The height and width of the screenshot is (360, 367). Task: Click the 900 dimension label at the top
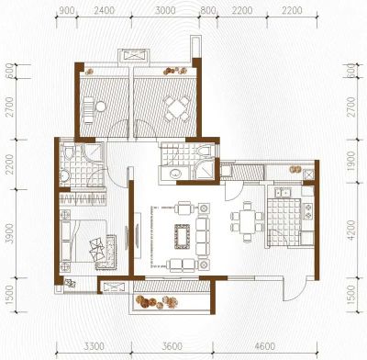(66, 10)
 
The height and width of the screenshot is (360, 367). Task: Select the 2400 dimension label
(104, 10)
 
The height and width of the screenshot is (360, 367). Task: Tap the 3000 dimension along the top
(165, 10)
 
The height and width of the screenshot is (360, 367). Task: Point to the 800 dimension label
(208, 10)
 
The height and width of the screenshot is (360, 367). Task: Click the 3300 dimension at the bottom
(94, 346)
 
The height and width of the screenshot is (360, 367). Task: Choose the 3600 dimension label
(172, 346)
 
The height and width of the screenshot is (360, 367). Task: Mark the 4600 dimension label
(265, 346)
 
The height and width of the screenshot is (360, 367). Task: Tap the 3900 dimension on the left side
(10, 233)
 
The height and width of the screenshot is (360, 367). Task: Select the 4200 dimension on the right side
(351, 230)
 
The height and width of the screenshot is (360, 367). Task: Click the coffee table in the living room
(183, 237)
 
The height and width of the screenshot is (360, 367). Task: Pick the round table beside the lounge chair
(100, 107)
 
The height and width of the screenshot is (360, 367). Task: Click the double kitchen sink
(283, 193)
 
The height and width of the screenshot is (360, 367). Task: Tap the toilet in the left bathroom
(69, 152)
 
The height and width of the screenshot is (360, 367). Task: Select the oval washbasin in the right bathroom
(176, 174)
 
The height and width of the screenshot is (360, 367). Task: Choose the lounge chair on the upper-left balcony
(88, 110)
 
